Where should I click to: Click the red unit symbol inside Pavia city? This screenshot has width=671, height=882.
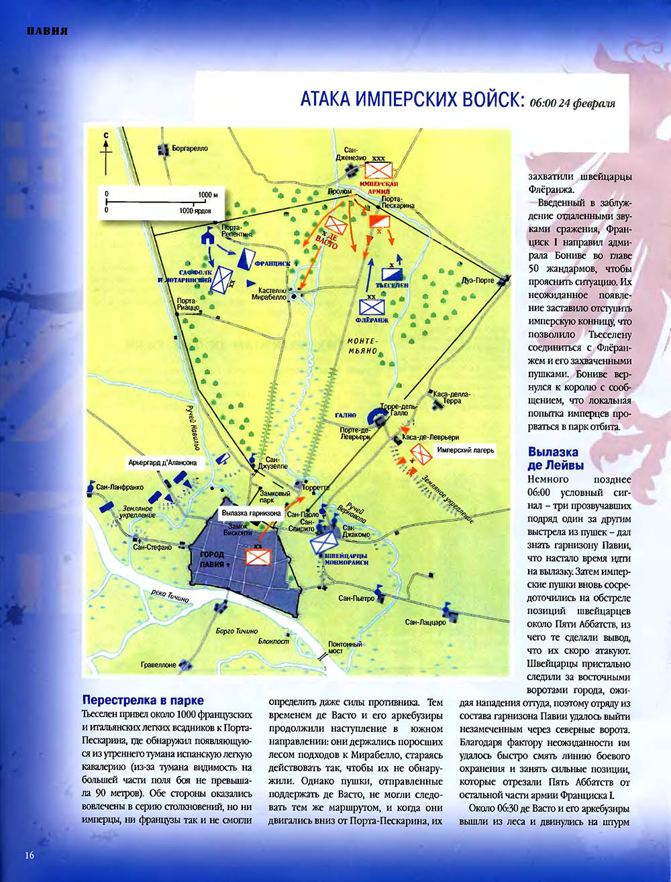tap(258, 557)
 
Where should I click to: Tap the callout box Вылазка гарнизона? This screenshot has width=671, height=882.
tap(252, 513)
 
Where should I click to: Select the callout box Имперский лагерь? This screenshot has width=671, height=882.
tap(466, 450)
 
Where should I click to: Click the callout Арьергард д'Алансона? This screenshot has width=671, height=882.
tap(163, 462)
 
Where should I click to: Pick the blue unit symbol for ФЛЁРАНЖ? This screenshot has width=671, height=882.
tap(370, 306)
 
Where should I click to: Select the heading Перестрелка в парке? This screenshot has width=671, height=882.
tap(142, 700)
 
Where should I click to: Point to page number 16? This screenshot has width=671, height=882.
tap(29, 855)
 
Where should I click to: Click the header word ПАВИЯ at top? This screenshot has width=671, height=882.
tap(47, 31)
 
